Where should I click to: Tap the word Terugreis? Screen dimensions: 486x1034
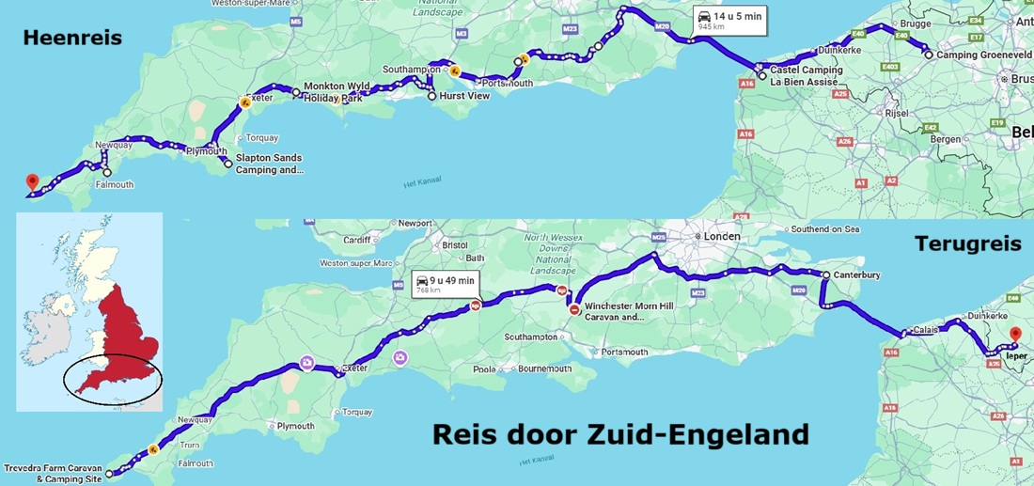click(967, 244)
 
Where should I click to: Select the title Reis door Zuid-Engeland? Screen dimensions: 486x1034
click(620, 435)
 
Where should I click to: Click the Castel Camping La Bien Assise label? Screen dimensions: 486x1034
click(807, 76)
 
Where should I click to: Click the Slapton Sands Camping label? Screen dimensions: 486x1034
click(270, 165)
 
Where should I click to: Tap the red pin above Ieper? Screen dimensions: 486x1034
click(1014, 335)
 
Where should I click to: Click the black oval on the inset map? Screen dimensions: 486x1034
click(113, 381)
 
